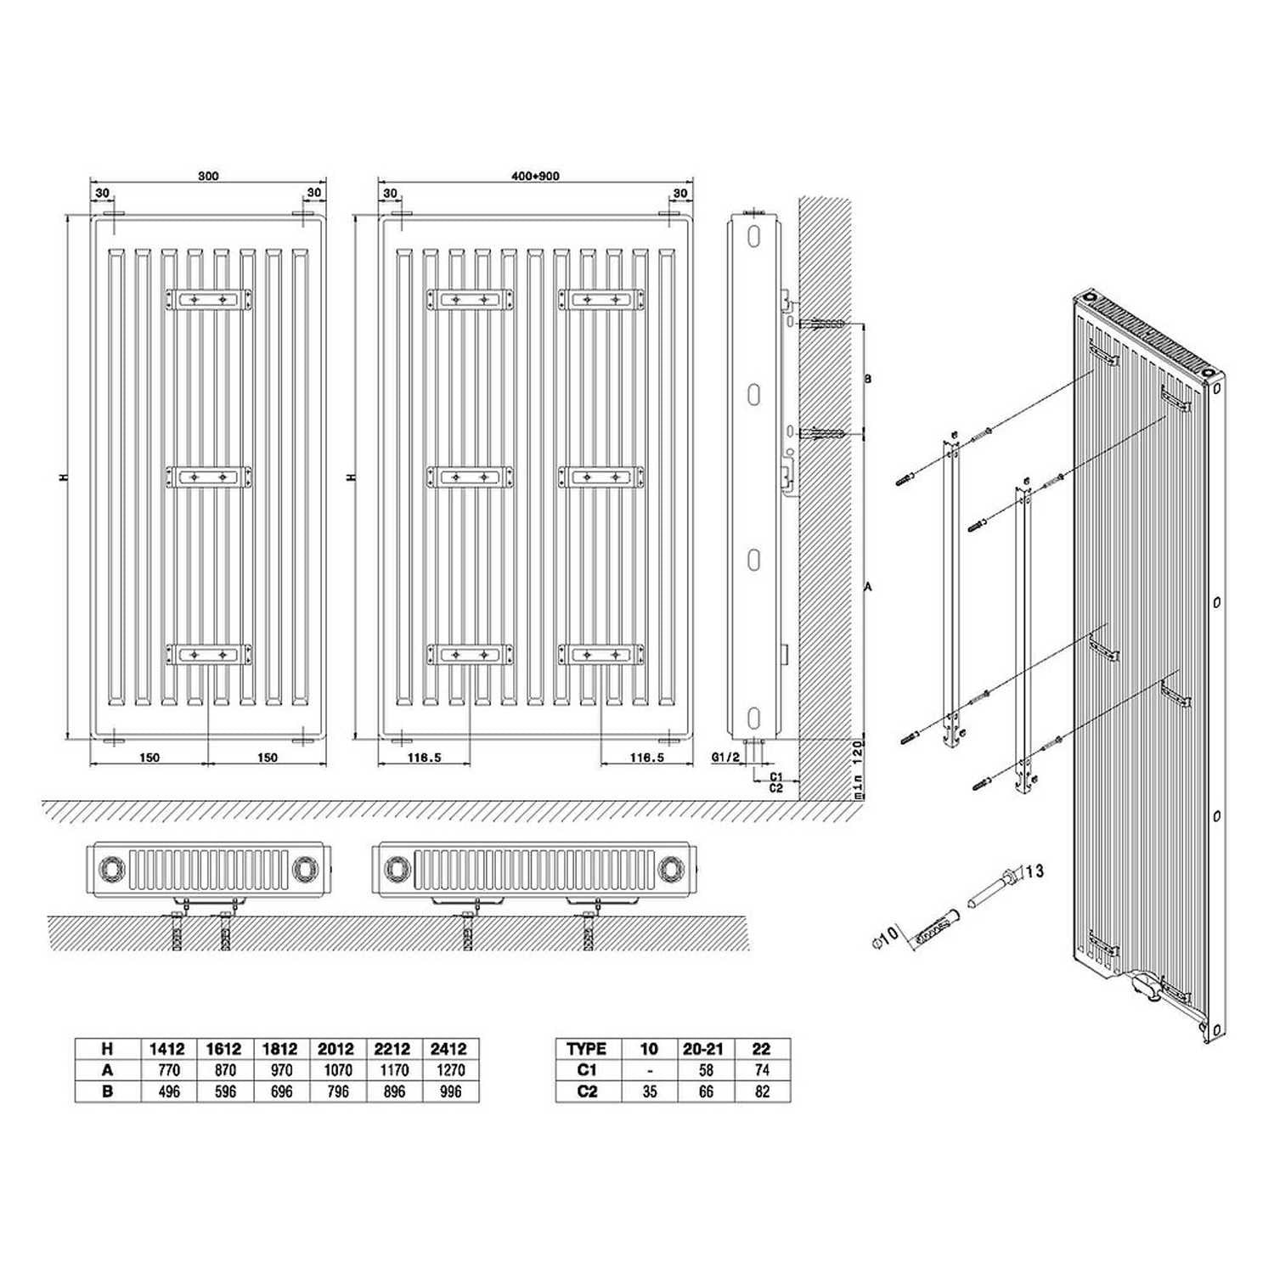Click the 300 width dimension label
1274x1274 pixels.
pyautogui.click(x=208, y=177)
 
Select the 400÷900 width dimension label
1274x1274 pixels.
pyautogui.click(x=535, y=177)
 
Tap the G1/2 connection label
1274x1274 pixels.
pyautogui.click(x=725, y=757)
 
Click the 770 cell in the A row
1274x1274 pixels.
pyautogui.click(x=169, y=1070)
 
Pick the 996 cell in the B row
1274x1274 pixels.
pyautogui.click(x=450, y=1091)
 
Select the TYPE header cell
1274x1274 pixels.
pyautogui.click(x=586, y=1049)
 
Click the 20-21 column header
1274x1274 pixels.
pyautogui.click(x=704, y=1049)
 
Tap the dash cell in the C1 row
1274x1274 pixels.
pyautogui.click(x=650, y=1071)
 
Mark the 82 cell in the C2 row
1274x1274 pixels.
pyautogui.click(x=762, y=1091)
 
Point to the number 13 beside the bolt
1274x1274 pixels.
pyautogui.click(x=1034, y=871)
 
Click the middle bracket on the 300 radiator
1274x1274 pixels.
pyautogui.click(x=209, y=477)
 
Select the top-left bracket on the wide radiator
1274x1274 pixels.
pyautogui.click(x=470, y=299)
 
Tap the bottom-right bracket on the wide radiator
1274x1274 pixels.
pyautogui.click(x=600, y=655)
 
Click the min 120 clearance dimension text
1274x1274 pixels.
pyautogui.click(x=858, y=769)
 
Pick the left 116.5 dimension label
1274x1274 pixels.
pyautogui.click(x=425, y=758)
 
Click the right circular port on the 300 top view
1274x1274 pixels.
pyautogui.click(x=303, y=869)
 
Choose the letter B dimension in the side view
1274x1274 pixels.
pyautogui.click(x=867, y=380)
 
